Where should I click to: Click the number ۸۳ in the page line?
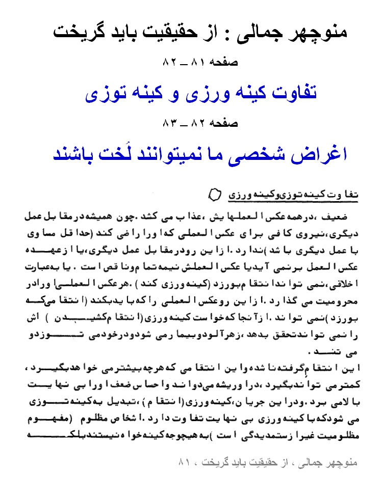pyautogui.click(x=169, y=123)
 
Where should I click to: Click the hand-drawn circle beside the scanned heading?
pyautogui.click(x=214, y=195)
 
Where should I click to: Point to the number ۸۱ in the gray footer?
pyautogui.click(x=184, y=463)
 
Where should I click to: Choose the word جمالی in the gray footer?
pyautogui.click(x=303, y=463)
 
